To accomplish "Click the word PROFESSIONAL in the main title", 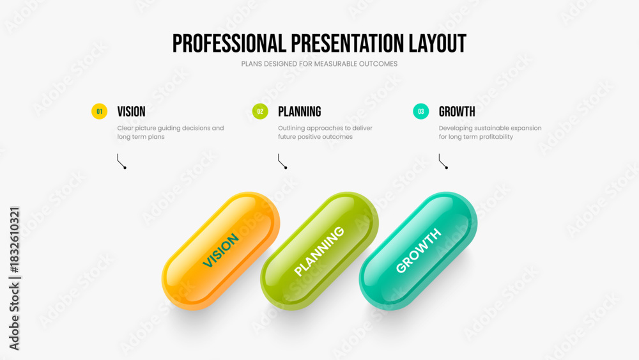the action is [x=229, y=43].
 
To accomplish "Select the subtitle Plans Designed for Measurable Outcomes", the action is [x=319, y=64].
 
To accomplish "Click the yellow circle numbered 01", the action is [x=100, y=111].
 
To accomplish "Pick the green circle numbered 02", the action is [x=260, y=111].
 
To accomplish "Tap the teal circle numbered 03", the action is [x=421, y=111].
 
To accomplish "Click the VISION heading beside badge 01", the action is [x=131, y=112].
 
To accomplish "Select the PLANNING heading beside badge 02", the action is [x=300, y=112].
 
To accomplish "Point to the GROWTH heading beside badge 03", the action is [x=457, y=112].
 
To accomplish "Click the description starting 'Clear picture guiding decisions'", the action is [x=171, y=132].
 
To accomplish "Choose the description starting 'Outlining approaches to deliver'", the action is [x=325, y=132].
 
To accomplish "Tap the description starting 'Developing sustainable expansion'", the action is [x=490, y=132].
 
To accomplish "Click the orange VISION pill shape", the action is [x=221, y=251].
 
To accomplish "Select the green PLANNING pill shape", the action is [x=319, y=251].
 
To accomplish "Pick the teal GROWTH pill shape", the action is [x=418, y=251].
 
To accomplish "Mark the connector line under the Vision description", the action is [x=120, y=161].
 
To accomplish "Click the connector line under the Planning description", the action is [x=281, y=161].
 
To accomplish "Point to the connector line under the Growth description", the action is [x=442, y=161].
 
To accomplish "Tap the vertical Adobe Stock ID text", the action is [x=14, y=278].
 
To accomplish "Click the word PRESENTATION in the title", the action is [x=348, y=43].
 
